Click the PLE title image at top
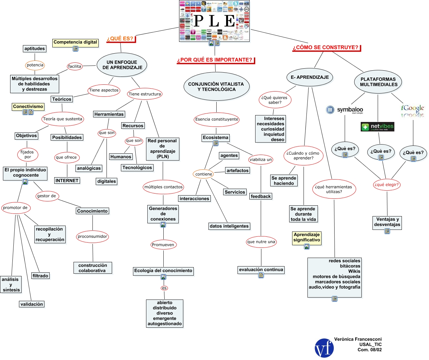coord(215,21)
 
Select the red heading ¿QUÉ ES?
coord(120,39)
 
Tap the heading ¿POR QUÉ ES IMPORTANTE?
coord(215,60)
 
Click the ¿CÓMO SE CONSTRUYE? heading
coord(326,47)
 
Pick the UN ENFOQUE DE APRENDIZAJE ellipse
coord(122,65)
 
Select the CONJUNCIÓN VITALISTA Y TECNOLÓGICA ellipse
coord(216,87)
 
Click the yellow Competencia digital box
coord(75,42)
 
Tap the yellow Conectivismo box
coord(28,107)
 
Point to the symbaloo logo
coord(345,110)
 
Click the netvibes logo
coord(377,127)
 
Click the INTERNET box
coord(67,180)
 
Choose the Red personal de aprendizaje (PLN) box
coord(162,149)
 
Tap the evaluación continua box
coord(261,270)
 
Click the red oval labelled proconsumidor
coord(92,236)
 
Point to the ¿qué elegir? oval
coord(387,185)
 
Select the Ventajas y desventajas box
coord(387,222)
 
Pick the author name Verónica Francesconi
coord(358,339)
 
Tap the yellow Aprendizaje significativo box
coord(306,237)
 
